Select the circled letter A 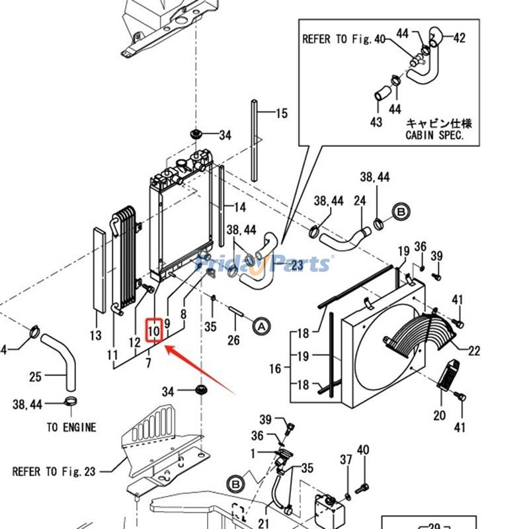(x=261, y=326)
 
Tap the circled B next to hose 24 (x=400, y=212)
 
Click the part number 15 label (x=282, y=114)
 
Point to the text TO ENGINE (x=71, y=427)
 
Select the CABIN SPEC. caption (x=434, y=135)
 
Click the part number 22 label (x=474, y=350)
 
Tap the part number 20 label (x=440, y=415)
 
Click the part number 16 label (x=275, y=368)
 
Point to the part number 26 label (x=233, y=341)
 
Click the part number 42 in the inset (x=459, y=38)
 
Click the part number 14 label (x=239, y=207)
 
